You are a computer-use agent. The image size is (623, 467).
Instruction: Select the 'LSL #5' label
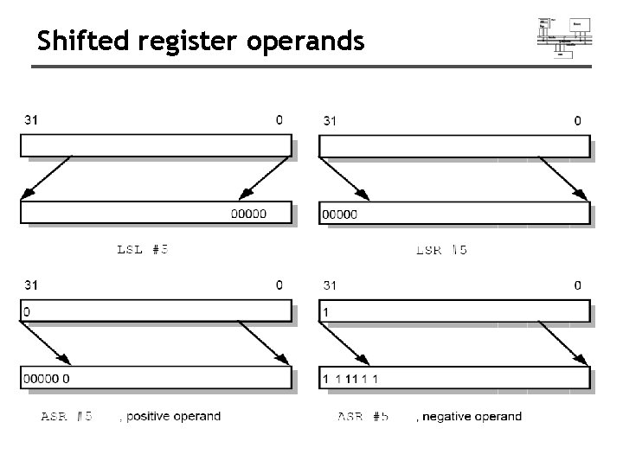click(143, 249)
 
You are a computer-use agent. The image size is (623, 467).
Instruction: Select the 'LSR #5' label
click(442, 250)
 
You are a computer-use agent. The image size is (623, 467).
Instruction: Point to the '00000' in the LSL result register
click(248, 214)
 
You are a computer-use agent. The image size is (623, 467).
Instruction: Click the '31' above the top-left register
click(30, 120)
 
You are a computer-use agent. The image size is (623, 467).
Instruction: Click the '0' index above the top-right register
click(578, 121)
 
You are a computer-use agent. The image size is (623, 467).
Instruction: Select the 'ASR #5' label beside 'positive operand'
click(68, 417)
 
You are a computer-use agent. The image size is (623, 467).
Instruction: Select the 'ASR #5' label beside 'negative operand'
click(363, 417)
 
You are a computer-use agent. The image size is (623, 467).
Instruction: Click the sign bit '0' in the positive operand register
click(27, 310)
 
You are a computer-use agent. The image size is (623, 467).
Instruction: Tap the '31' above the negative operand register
click(330, 285)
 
